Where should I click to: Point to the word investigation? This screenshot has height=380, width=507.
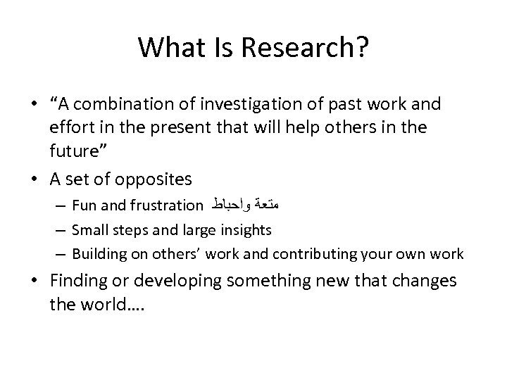[237, 105]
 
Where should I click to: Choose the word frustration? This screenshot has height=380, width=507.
[165, 206]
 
